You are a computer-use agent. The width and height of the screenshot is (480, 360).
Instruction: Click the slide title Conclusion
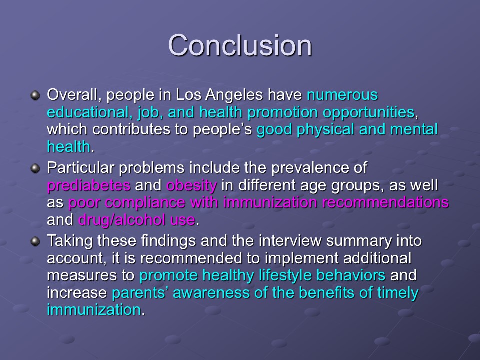240,45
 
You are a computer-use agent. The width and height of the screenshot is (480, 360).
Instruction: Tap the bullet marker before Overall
35,95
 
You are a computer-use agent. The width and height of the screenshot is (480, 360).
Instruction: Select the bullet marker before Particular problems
35,168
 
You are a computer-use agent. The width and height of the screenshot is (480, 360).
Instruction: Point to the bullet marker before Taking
35,241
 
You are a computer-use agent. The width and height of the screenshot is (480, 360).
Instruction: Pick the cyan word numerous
342,95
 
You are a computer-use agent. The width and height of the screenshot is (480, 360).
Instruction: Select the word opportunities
369,113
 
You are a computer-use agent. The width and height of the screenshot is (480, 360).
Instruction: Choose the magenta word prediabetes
89,186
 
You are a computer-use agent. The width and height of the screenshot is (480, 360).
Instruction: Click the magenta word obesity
192,186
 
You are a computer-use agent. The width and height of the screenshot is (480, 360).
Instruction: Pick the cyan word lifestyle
287,276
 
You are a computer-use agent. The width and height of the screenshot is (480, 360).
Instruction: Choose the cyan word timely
398,293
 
